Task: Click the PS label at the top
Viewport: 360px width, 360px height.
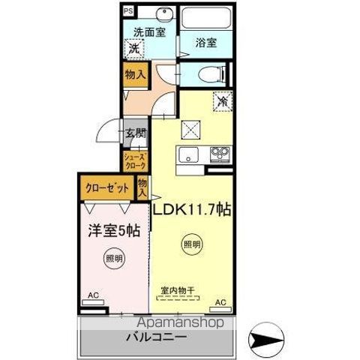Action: point(128,12)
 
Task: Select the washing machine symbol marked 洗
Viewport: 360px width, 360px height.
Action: point(133,49)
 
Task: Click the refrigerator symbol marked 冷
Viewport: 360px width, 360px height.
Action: point(222,100)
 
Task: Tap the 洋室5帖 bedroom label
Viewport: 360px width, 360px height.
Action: point(112,232)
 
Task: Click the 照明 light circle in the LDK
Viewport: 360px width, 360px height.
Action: point(192,244)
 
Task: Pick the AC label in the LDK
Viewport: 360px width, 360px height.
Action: point(220,302)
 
